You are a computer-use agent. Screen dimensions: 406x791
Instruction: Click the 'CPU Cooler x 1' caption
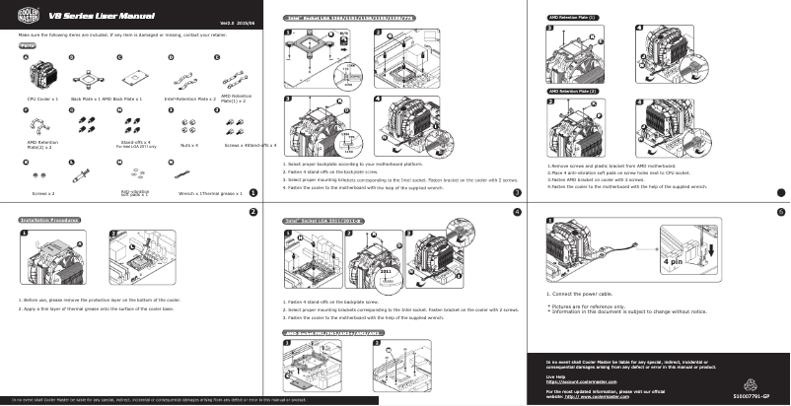(43, 99)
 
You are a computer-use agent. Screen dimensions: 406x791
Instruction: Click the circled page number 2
(253, 212)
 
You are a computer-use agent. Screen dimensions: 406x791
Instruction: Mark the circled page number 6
(780, 212)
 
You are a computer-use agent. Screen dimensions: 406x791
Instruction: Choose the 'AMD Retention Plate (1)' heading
(572, 18)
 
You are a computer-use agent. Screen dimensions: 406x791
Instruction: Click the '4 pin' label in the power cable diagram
(673, 262)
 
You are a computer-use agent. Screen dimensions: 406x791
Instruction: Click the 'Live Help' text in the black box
(556, 375)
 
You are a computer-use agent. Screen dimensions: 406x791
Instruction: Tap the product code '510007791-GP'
(758, 394)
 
